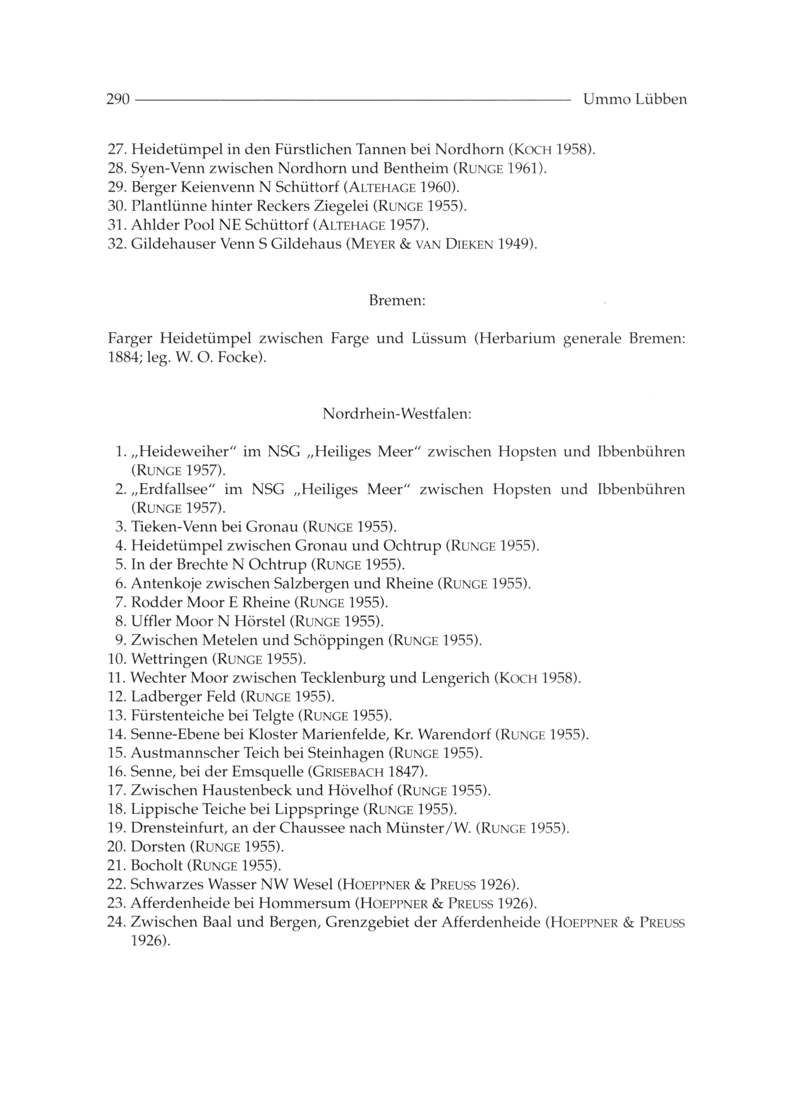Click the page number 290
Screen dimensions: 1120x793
click(x=118, y=100)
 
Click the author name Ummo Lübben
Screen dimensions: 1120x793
click(x=635, y=100)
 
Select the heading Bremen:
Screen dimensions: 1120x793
click(x=397, y=300)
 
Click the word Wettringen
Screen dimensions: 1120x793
click(x=169, y=660)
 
